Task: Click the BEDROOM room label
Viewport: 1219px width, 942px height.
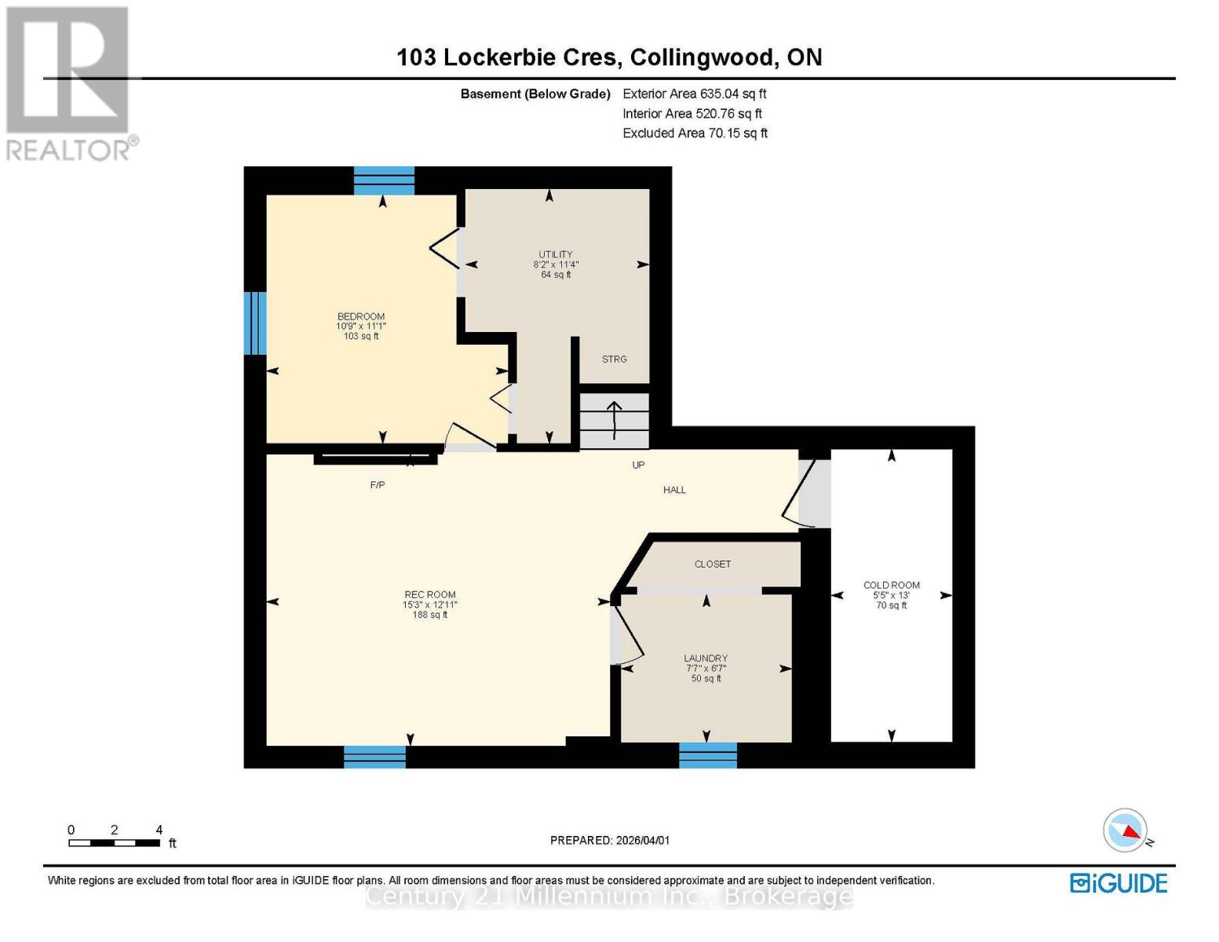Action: coord(361,317)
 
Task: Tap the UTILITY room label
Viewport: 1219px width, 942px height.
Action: coord(555,255)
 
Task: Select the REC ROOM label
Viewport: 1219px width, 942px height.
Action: coord(429,595)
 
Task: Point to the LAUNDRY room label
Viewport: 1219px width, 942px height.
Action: coord(705,659)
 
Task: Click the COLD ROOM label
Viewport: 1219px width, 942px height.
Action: coord(891,586)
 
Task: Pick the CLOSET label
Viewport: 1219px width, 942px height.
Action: coord(712,564)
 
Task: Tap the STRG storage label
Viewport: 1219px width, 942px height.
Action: coord(614,360)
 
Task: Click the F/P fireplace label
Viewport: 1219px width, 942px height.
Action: coord(378,486)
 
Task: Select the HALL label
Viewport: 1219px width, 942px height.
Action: coord(674,491)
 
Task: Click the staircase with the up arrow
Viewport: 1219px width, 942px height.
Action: coord(614,421)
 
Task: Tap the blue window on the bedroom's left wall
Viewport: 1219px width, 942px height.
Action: coord(255,323)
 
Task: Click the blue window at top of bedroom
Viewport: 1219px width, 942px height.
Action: coord(384,181)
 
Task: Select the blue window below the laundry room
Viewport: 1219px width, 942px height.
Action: coord(707,755)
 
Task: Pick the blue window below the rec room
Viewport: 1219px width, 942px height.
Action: coord(374,757)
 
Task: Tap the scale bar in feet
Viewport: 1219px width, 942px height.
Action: coord(115,843)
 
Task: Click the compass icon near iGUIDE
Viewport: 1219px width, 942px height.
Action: coord(1126,831)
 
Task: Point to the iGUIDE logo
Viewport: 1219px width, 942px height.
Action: coord(1119,883)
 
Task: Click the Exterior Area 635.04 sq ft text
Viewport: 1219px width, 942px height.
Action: coord(694,93)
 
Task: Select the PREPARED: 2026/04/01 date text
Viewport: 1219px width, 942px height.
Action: coord(610,841)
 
